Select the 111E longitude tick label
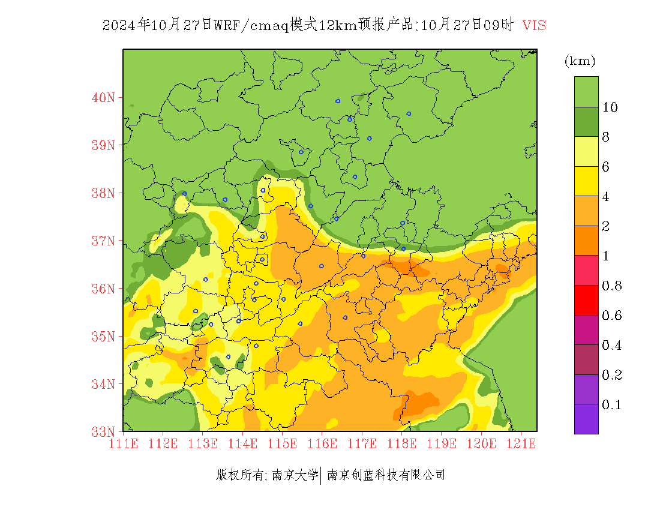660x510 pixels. tap(124, 444)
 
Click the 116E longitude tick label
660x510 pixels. tap(322, 444)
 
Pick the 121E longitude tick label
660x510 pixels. tap(521, 444)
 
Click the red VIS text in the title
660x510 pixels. tap(534, 25)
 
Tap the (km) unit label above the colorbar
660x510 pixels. tap(580, 61)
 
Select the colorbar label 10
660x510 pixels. tap(610, 107)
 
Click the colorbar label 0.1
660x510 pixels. tap(612, 405)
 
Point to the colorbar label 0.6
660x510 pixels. tap(612, 316)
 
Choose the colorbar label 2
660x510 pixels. tap(606, 226)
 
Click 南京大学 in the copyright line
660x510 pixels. tap(295, 475)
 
